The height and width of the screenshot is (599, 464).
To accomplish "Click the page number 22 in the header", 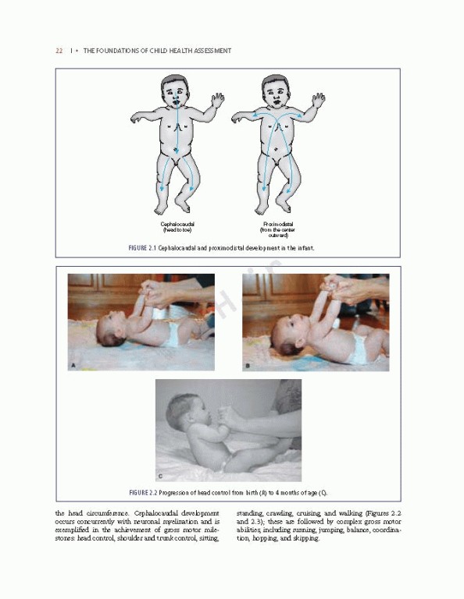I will point(59,51).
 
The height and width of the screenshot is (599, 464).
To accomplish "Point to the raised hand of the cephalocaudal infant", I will point(217,100).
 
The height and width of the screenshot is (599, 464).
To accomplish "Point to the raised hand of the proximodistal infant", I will point(318,100).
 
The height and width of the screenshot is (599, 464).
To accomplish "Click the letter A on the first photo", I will point(73,364).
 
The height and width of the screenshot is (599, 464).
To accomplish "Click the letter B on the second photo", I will point(248,364).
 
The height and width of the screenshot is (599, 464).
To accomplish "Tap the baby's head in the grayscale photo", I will point(182,413).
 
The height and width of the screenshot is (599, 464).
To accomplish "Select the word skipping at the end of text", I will point(303,538).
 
